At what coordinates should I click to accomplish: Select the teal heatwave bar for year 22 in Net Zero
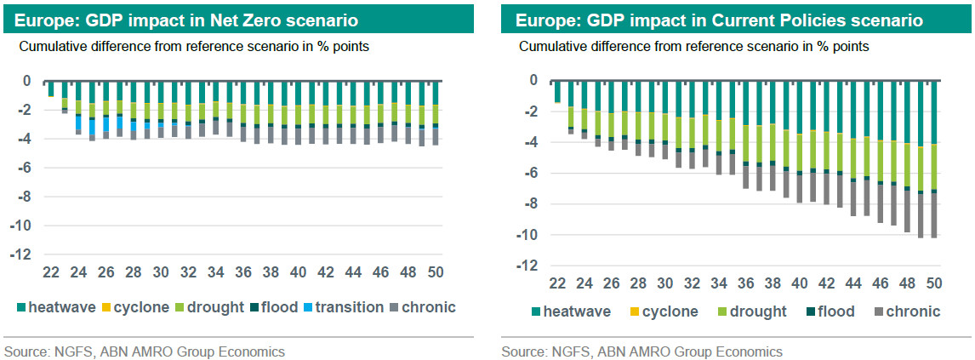tap(51, 89)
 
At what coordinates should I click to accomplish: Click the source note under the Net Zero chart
tap(145, 351)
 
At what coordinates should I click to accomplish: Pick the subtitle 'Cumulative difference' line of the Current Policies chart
tap(693, 47)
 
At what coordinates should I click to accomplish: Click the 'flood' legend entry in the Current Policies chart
tap(830, 311)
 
